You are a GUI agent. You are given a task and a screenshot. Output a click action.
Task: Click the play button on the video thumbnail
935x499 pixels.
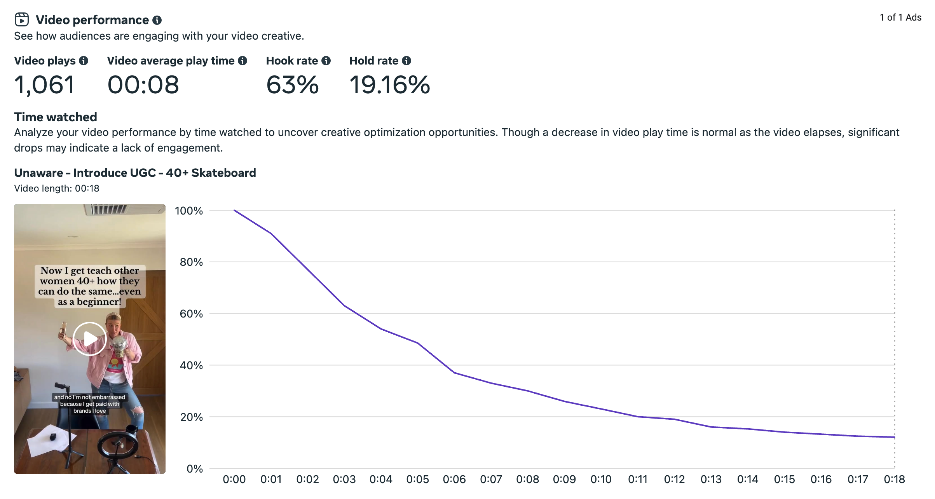(x=90, y=338)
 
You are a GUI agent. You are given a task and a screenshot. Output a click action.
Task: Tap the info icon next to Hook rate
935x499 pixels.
(x=326, y=61)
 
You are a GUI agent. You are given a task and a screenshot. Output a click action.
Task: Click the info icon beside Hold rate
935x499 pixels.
(x=406, y=61)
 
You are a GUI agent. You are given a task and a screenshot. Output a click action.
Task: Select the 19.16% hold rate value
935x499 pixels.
(x=389, y=85)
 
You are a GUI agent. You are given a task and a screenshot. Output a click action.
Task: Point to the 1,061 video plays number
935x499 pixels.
(x=44, y=85)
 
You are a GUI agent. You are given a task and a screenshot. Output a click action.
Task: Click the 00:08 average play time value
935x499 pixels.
(x=143, y=85)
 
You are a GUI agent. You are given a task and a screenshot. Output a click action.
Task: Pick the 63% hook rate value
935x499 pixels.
(x=292, y=85)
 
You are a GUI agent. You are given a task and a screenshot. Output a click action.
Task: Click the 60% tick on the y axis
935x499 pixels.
(x=191, y=314)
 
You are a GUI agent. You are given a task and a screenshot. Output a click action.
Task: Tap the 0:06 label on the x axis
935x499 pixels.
(x=454, y=480)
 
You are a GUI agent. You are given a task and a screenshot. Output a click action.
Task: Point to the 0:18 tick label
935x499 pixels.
(x=894, y=480)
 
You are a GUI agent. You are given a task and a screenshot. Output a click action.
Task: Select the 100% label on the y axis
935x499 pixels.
(x=189, y=211)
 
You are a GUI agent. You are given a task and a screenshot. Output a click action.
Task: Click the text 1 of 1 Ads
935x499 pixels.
(x=900, y=17)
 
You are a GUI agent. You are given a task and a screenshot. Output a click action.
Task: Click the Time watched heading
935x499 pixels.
(x=56, y=117)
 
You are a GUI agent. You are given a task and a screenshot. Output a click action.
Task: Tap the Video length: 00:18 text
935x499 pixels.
(x=57, y=188)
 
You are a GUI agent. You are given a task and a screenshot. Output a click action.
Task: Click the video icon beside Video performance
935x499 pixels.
(x=22, y=19)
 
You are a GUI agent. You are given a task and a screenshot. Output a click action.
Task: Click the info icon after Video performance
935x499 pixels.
(x=157, y=20)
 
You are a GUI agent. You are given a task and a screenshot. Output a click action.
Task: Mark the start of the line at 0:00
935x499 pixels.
(x=234, y=210)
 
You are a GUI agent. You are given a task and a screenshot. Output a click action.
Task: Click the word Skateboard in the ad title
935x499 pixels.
(x=223, y=173)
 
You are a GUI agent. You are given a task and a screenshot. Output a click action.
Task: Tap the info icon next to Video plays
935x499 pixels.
(x=84, y=61)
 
